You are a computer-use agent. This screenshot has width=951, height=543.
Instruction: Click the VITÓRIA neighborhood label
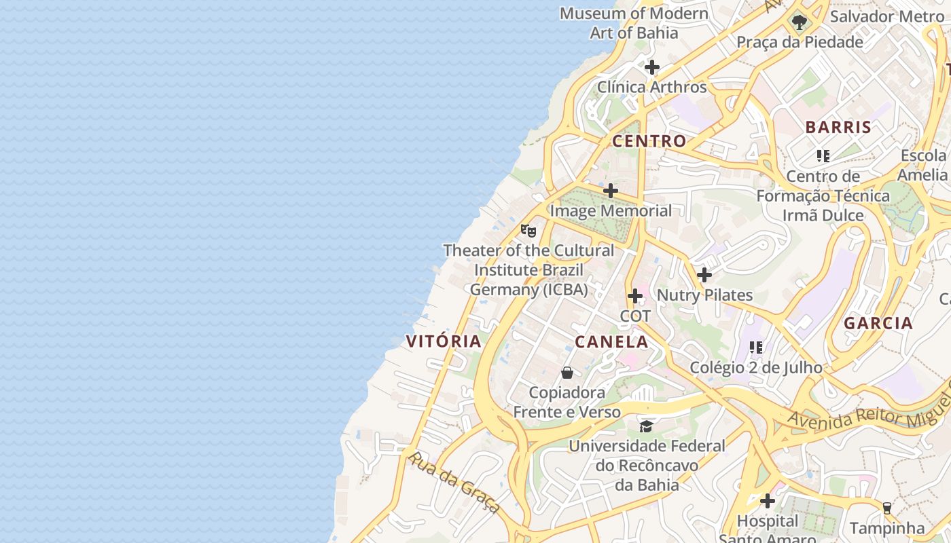click(x=444, y=341)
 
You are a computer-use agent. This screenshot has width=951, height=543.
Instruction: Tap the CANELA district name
click(x=611, y=341)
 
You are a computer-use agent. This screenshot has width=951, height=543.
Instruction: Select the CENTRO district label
click(x=649, y=141)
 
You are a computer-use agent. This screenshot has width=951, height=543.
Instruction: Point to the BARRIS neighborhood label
click(x=838, y=127)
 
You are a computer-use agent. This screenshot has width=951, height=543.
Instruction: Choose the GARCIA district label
click(x=878, y=323)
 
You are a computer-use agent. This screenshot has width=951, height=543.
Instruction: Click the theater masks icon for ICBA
click(x=528, y=230)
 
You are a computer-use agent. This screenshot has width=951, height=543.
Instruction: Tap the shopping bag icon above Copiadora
click(x=567, y=373)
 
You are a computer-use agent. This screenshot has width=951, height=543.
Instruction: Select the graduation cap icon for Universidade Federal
click(x=646, y=426)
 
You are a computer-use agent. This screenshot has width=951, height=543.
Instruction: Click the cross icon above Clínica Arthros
click(x=652, y=67)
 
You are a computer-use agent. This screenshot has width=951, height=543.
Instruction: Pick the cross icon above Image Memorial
click(x=611, y=191)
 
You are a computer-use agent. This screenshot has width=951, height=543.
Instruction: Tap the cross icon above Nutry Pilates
click(x=704, y=275)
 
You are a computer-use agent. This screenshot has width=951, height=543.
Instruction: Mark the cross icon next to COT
click(x=635, y=296)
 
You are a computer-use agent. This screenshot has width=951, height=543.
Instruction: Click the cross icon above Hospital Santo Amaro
click(x=768, y=501)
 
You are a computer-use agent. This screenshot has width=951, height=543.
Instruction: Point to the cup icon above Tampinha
click(x=886, y=507)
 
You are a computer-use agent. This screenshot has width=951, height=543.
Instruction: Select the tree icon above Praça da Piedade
click(x=800, y=22)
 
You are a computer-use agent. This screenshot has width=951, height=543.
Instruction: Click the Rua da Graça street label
click(x=454, y=483)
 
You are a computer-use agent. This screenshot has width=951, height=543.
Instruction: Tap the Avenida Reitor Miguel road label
click(x=869, y=411)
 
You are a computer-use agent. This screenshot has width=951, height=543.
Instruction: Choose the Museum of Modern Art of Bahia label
click(x=634, y=22)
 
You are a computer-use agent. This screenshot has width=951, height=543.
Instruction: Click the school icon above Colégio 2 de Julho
click(x=756, y=347)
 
